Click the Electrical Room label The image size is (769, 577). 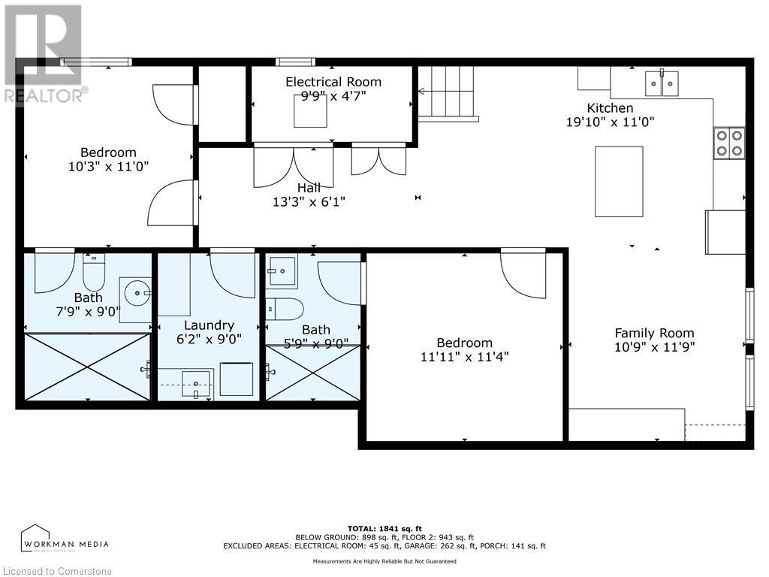click(x=333, y=82)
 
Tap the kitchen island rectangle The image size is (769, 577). click(x=619, y=181)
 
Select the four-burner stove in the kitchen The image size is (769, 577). click(x=728, y=143)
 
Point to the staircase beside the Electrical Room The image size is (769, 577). click(x=448, y=92)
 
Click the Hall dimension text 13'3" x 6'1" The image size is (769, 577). click(x=309, y=201)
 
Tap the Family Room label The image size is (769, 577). click(x=654, y=333)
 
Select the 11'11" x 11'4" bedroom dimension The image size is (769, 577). click(x=464, y=357)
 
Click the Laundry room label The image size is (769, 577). click(x=209, y=325)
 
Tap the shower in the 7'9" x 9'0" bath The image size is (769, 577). click(x=88, y=367)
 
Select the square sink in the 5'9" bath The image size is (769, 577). click(x=282, y=271)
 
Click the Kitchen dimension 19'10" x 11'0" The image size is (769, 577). click(x=610, y=122)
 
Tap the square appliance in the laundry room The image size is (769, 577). click(x=236, y=379)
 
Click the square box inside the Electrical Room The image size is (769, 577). click(x=310, y=111)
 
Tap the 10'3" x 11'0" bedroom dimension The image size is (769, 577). click(x=108, y=167)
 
